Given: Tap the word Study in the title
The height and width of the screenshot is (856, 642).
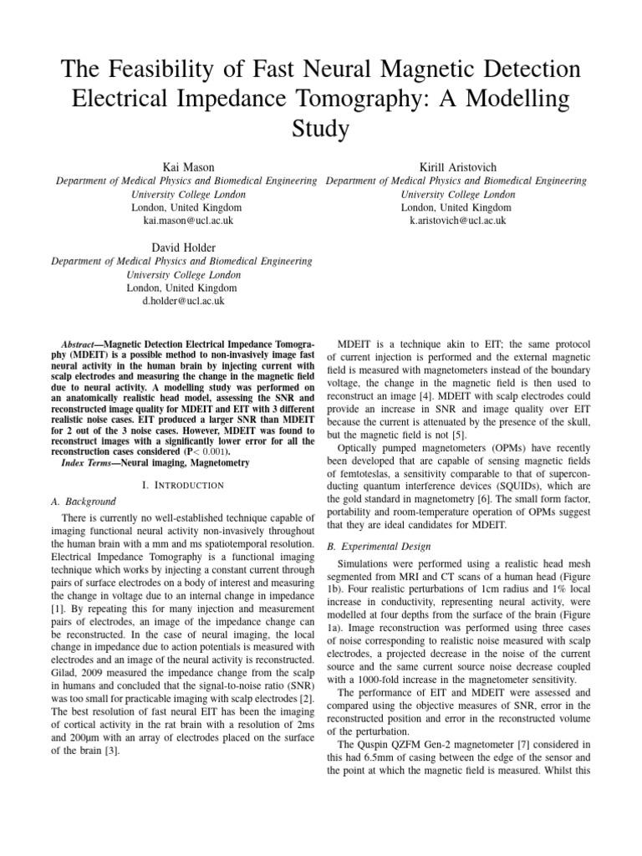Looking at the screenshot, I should [x=321, y=129].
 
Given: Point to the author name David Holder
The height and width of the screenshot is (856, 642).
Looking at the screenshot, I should [x=182, y=247].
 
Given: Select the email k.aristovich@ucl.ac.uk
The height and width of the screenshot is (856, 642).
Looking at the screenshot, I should [x=456, y=221].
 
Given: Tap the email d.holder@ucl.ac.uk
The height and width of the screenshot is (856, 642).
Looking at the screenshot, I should [x=182, y=301].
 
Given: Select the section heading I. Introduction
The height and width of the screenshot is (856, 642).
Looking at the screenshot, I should [x=182, y=485].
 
